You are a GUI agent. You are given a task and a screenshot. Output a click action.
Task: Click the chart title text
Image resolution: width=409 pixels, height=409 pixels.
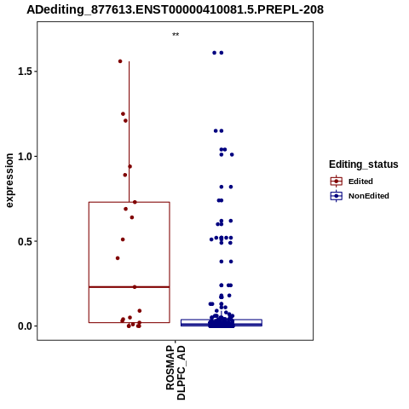pos(175,10)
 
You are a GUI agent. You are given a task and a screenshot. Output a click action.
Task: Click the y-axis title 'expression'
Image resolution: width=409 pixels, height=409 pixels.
pos(9,181)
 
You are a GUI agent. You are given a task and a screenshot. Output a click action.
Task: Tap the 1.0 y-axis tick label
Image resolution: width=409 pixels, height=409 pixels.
pos(24,156)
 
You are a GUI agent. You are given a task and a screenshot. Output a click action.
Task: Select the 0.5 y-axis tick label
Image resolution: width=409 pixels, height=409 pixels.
pos(24,241)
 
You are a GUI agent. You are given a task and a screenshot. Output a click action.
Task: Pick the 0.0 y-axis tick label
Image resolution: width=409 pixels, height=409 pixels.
pos(24,326)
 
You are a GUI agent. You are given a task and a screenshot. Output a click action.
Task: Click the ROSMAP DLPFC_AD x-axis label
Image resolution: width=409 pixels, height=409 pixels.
pos(176,372)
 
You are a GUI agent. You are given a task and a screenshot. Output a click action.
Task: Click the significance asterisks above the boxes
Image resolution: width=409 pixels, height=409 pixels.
pos(176,35)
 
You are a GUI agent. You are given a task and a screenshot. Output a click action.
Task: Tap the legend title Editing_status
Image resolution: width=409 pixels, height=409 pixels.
pos(364,164)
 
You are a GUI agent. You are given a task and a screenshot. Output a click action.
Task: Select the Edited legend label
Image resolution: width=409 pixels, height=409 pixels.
pos(360,181)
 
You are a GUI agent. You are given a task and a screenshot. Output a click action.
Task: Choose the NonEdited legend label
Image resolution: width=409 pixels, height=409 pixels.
pos(369,196)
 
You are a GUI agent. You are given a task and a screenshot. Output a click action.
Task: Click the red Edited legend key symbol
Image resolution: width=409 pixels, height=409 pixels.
pos(337,181)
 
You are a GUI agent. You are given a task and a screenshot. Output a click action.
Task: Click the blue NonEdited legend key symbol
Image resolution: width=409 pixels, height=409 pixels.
pos(337,196)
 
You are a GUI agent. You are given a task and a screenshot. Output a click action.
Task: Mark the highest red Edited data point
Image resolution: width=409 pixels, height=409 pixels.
pos(120,61)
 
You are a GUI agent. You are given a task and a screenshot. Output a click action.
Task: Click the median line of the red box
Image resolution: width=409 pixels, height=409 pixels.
pos(130,287)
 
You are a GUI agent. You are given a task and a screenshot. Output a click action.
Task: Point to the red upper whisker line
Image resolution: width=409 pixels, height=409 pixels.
pos(130,132)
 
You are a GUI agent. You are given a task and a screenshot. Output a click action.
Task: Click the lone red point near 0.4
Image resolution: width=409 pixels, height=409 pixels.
pos(118,258)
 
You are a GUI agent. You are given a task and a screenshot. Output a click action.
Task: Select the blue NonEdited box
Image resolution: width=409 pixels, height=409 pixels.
pos(222,323)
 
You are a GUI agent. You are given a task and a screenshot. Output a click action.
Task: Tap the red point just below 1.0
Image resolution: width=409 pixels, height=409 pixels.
pos(130,166)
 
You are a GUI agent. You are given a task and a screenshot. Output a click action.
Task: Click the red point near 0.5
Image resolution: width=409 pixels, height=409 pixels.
pos(123,239)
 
